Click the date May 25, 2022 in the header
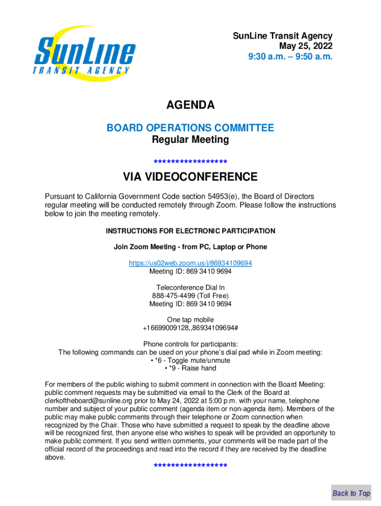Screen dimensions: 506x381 point(305,46)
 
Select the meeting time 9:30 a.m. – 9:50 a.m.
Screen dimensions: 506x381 point(290,57)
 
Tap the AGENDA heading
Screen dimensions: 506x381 point(190,105)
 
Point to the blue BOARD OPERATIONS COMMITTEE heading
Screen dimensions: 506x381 point(190,128)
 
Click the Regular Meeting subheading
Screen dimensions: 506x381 point(190,140)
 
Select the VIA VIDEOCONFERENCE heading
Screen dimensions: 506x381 point(190,177)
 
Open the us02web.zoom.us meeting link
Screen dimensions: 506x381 point(190,263)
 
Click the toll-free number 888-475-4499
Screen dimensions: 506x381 point(174,295)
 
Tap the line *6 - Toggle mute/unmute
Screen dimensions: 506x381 point(190,360)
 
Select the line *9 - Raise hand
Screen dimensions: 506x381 point(190,368)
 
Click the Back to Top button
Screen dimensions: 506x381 point(351,493)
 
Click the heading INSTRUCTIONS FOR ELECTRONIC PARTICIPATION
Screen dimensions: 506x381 point(190,231)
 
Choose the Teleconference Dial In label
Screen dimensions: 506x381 point(190,288)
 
